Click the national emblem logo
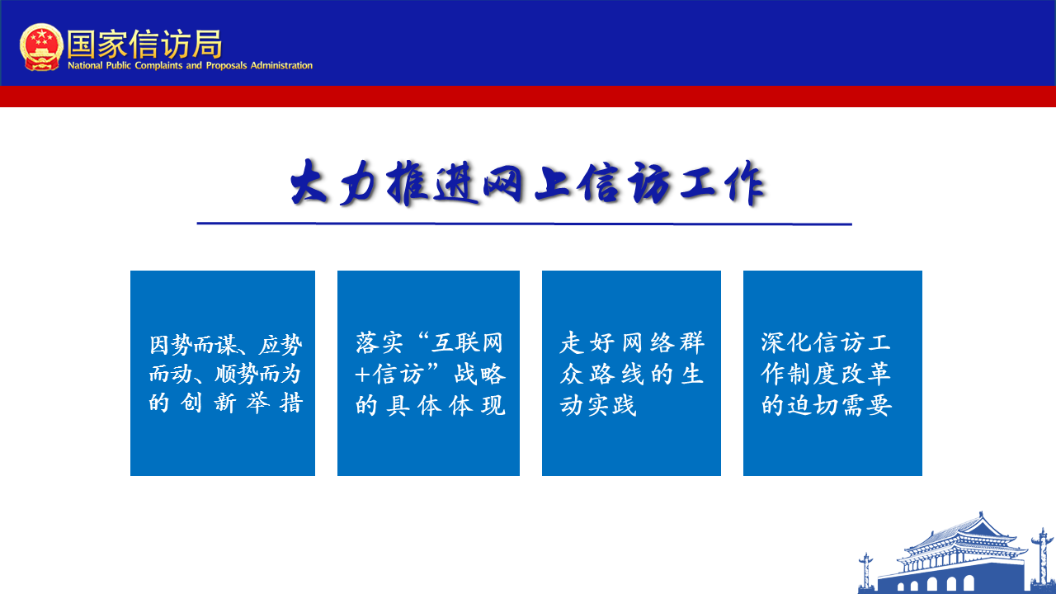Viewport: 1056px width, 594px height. coord(41,47)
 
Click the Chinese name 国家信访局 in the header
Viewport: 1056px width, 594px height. coord(144,45)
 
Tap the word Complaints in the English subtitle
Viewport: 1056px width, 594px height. coord(158,65)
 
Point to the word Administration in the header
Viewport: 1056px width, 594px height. coord(281,65)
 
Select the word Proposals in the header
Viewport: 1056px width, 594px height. coord(226,65)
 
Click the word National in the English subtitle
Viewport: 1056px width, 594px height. coord(85,65)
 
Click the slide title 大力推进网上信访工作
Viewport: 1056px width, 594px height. coord(527,183)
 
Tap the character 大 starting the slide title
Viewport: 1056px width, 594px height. coord(309,182)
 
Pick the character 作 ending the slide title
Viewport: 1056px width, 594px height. coord(745,183)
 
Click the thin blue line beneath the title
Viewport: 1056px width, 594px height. coord(524,224)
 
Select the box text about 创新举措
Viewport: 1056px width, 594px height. coord(225,374)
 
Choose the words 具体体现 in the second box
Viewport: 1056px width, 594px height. coord(445,405)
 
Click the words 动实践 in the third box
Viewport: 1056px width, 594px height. coord(598,405)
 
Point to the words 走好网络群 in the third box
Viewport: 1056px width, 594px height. coord(632,342)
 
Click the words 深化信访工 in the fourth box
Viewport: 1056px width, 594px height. coord(826,342)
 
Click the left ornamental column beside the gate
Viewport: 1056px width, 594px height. coord(865,573)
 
